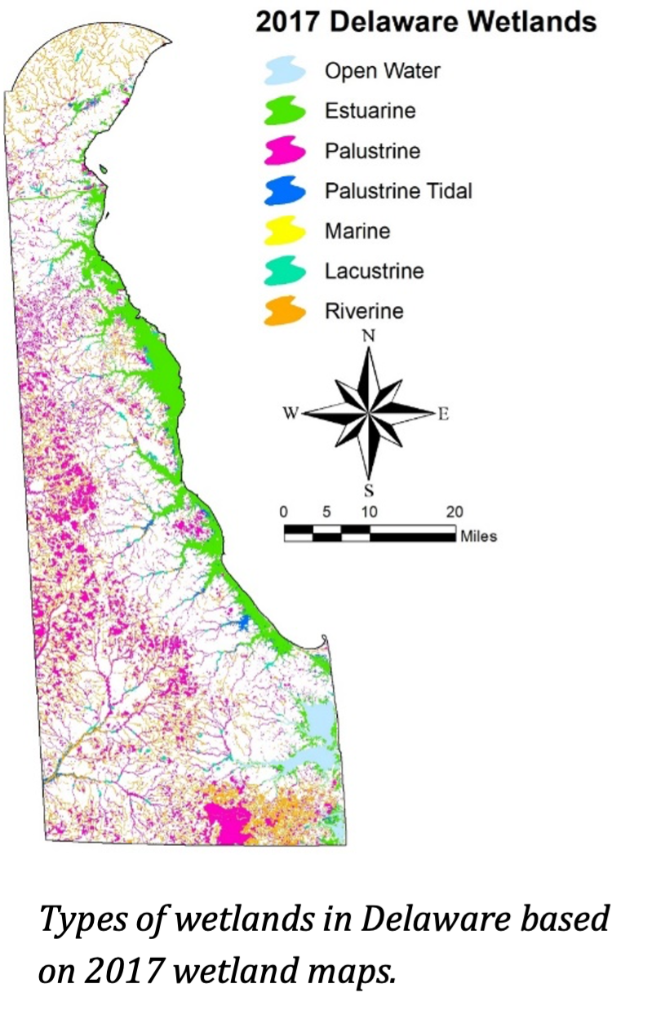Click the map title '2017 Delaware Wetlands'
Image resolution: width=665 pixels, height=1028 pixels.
425,22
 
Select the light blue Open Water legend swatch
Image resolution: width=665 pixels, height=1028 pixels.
285,71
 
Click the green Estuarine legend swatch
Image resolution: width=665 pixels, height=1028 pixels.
285,111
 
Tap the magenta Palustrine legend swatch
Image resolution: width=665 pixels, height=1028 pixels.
285,151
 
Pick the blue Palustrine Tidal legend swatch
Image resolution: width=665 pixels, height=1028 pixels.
285,192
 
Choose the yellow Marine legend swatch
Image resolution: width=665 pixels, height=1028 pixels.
285,232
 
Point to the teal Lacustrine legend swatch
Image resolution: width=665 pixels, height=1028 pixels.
285,272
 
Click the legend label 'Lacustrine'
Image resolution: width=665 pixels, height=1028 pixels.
374,271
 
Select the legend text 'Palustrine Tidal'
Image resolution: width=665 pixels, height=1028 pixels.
398,191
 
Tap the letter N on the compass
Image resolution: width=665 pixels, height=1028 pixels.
369,336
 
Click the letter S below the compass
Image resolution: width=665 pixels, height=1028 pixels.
369,490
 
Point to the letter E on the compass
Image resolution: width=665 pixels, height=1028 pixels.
443,414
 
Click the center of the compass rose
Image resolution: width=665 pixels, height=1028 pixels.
369,414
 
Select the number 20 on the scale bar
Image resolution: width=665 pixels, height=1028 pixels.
454,512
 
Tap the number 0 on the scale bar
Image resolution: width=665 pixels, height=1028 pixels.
284,512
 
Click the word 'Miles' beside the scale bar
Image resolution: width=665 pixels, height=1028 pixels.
479,536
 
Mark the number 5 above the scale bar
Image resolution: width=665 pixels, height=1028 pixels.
326,512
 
